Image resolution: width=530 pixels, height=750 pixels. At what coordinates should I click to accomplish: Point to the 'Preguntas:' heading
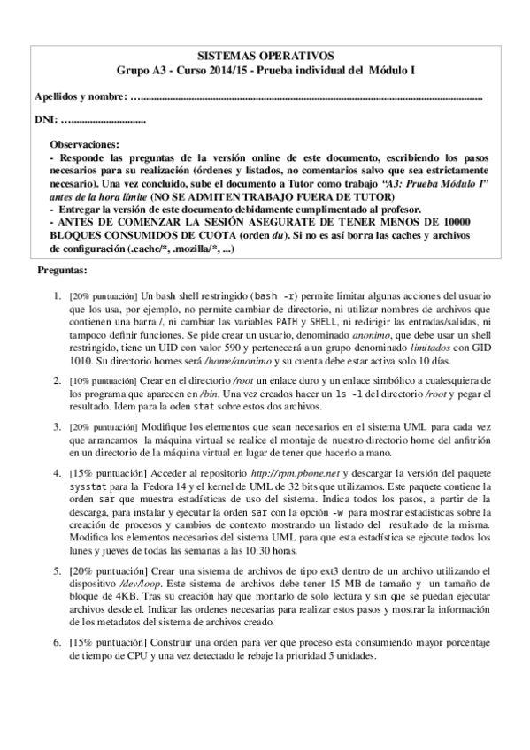pyautogui.click(x=62, y=269)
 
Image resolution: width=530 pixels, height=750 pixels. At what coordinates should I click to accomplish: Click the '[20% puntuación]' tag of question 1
pyautogui.click(x=101, y=294)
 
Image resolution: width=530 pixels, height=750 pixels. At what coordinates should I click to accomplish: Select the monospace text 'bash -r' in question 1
pyautogui.click(x=274, y=294)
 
